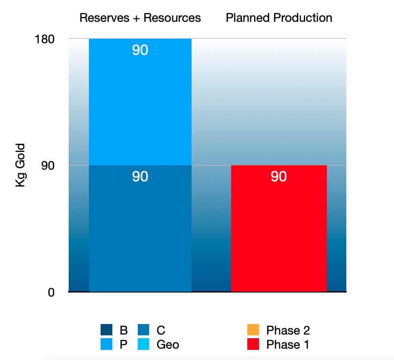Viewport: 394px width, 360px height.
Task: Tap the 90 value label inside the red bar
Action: point(278,177)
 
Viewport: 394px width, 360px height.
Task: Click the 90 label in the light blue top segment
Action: point(140,51)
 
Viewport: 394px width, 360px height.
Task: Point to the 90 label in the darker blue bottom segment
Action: point(140,177)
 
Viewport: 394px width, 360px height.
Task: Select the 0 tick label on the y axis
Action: point(51,292)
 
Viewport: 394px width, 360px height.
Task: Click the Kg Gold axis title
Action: point(20,165)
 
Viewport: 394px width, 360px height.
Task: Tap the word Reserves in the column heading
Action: point(103,18)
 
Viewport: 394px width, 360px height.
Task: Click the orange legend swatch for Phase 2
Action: point(253,331)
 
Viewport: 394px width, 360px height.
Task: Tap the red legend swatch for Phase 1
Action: point(253,345)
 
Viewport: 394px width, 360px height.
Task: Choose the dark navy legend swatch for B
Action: point(107,331)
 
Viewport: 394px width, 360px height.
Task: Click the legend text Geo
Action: point(168,345)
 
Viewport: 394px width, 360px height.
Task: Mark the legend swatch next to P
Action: point(107,345)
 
